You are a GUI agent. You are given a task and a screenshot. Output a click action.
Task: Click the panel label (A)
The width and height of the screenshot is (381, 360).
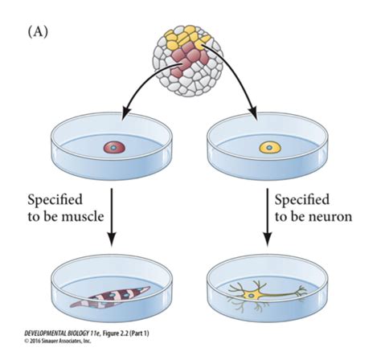(x=38, y=32)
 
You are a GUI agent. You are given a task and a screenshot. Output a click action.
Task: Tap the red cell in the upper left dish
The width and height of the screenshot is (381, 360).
(x=114, y=148)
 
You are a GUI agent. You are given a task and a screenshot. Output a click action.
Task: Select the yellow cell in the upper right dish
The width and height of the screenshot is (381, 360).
(x=270, y=148)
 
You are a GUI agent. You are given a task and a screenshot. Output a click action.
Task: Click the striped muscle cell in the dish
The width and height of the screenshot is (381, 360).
(x=110, y=297)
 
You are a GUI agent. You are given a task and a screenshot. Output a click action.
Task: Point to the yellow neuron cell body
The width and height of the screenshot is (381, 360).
(x=252, y=295)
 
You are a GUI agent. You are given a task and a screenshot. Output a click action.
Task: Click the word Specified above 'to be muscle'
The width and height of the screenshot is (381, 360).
(x=55, y=201)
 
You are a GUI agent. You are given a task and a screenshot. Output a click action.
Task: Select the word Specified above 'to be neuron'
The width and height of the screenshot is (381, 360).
(x=302, y=201)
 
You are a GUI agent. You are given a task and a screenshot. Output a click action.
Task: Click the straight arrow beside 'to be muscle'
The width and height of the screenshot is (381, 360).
(x=112, y=217)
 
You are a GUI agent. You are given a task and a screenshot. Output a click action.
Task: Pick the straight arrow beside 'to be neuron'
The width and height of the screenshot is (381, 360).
(x=267, y=217)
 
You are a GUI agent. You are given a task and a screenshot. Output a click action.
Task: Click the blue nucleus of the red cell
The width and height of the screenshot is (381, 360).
(x=113, y=148)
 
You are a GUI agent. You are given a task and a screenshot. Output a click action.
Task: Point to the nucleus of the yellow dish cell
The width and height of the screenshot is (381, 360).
(x=269, y=148)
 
